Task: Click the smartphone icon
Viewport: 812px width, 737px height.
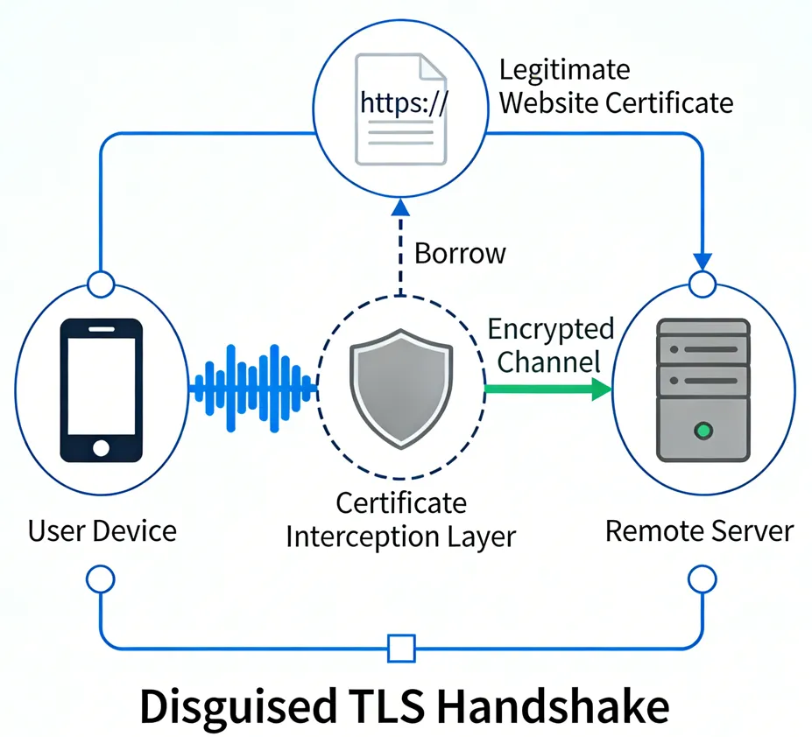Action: pyautogui.click(x=101, y=390)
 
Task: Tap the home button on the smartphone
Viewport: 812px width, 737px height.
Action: pyautogui.click(x=101, y=447)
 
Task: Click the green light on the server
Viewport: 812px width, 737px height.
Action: pyautogui.click(x=702, y=430)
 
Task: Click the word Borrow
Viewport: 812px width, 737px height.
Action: pyautogui.click(x=460, y=254)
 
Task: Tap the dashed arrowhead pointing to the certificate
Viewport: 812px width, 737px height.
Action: pyautogui.click(x=400, y=207)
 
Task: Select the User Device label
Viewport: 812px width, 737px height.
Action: pyautogui.click(x=102, y=530)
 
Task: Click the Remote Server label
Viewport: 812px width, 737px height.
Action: pyautogui.click(x=700, y=530)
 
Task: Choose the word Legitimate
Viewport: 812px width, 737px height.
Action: pyautogui.click(x=564, y=70)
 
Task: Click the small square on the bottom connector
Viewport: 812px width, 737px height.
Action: pyautogui.click(x=401, y=649)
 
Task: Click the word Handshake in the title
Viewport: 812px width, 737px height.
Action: pyautogui.click(x=544, y=705)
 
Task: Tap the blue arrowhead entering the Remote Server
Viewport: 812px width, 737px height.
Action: pyautogui.click(x=703, y=261)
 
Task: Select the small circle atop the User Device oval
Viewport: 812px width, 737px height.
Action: pyautogui.click(x=102, y=284)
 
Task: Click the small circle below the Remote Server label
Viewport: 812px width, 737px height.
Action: pyautogui.click(x=703, y=579)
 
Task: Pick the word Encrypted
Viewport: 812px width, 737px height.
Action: pyautogui.click(x=550, y=330)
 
